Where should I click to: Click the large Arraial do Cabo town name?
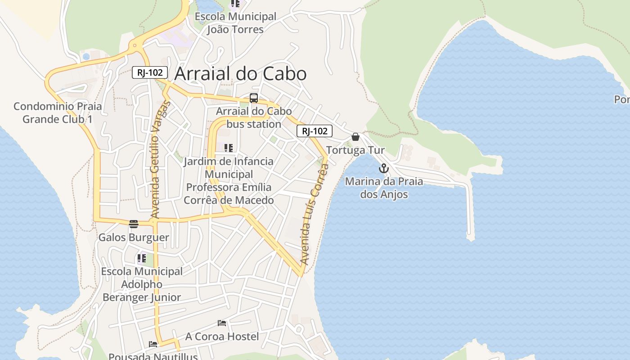[240, 74]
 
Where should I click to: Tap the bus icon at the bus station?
[254, 98]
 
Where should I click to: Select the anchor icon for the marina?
[384, 169]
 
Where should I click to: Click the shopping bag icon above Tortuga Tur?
[355, 137]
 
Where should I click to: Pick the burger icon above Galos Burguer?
[133, 224]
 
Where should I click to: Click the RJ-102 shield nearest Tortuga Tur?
[314, 131]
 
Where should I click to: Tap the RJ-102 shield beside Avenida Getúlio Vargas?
[150, 72]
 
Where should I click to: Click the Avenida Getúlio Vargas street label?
[160, 160]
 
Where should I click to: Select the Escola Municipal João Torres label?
[235, 23]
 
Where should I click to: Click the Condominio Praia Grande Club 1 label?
[58, 112]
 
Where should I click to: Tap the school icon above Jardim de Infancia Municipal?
[229, 148]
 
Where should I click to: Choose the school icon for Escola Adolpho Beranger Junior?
[142, 258]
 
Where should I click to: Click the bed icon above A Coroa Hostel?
[222, 323]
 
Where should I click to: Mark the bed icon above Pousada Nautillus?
[153, 344]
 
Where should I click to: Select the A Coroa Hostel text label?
[222, 336]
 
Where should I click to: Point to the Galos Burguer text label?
[134, 237]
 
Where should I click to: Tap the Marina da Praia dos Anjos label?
[384, 188]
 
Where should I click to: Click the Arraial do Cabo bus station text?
[254, 117]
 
